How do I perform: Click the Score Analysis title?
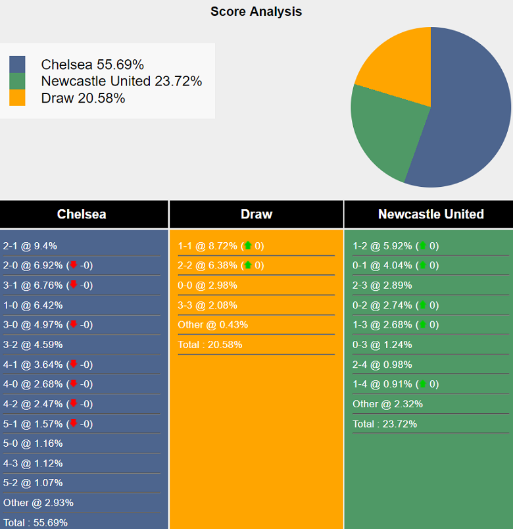256,12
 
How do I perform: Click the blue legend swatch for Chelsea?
17,64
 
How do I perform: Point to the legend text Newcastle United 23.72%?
121,82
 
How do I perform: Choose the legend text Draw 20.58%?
83,99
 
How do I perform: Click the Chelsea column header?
82,214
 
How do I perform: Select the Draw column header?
256,214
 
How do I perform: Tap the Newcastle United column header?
431,214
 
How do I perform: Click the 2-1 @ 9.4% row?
30,246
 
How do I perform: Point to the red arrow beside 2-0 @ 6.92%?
74,266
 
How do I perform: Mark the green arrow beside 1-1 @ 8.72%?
248,246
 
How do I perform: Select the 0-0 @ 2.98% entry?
207,286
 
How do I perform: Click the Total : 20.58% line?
210,345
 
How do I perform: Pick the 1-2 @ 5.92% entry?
382,246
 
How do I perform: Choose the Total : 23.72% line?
385,424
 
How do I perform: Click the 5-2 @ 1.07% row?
33,483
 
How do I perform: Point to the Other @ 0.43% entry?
212,325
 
